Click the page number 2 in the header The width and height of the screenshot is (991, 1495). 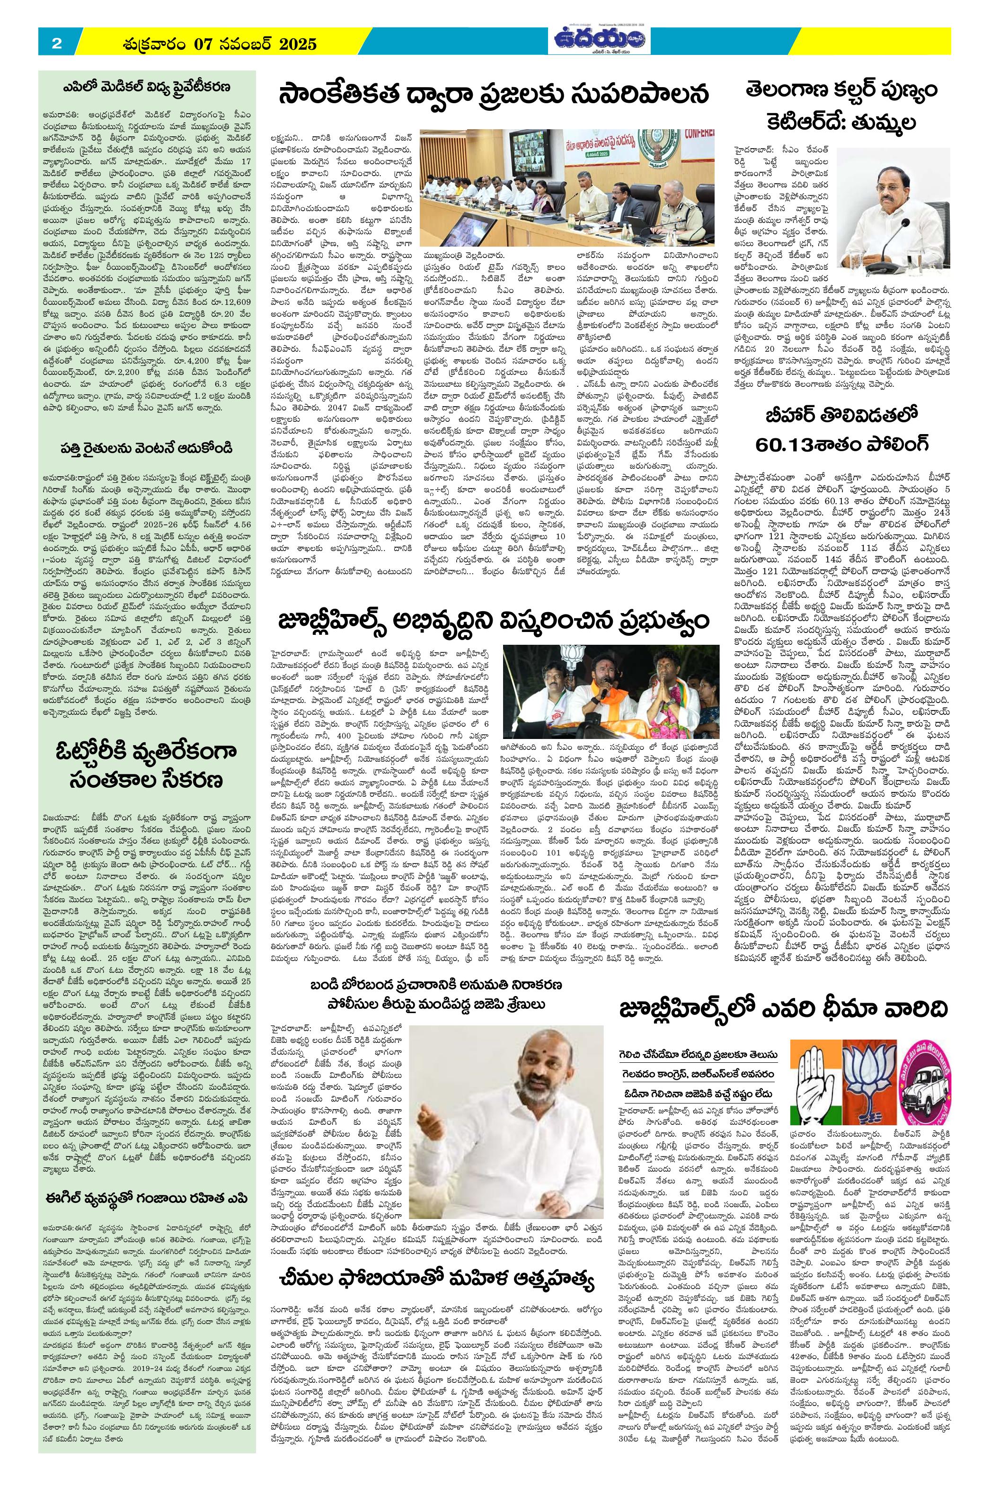[x=56, y=44]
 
